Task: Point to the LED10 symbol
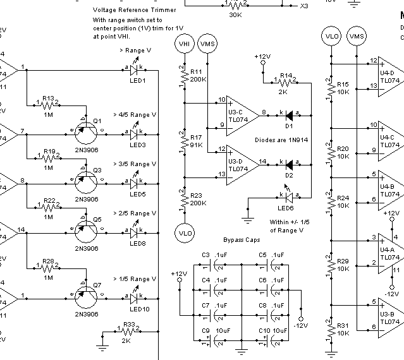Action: click(x=134, y=295)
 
